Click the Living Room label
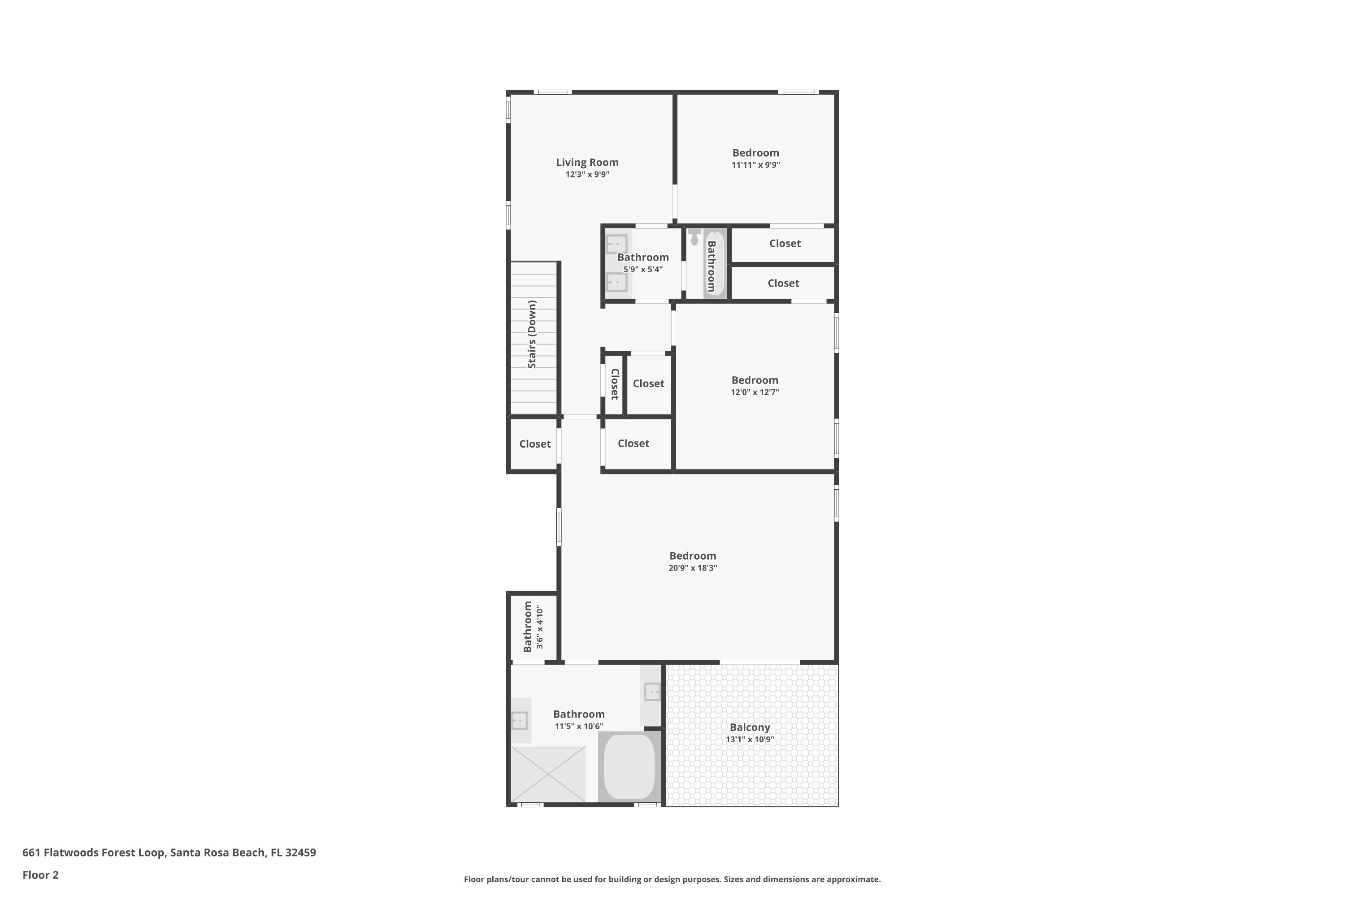point(587,162)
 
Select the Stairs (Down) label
point(532,334)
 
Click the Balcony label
point(749,727)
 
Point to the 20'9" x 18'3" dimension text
point(693,568)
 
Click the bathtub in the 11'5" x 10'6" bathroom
point(629,766)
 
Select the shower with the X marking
point(547,773)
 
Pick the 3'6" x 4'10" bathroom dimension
point(539,627)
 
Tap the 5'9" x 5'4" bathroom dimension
point(643,270)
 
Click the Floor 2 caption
point(41,875)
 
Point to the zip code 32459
point(300,853)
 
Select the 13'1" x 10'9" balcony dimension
point(750,739)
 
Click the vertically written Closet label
point(615,384)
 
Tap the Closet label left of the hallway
point(535,444)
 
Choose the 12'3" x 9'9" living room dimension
point(587,174)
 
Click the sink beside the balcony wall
point(652,692)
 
